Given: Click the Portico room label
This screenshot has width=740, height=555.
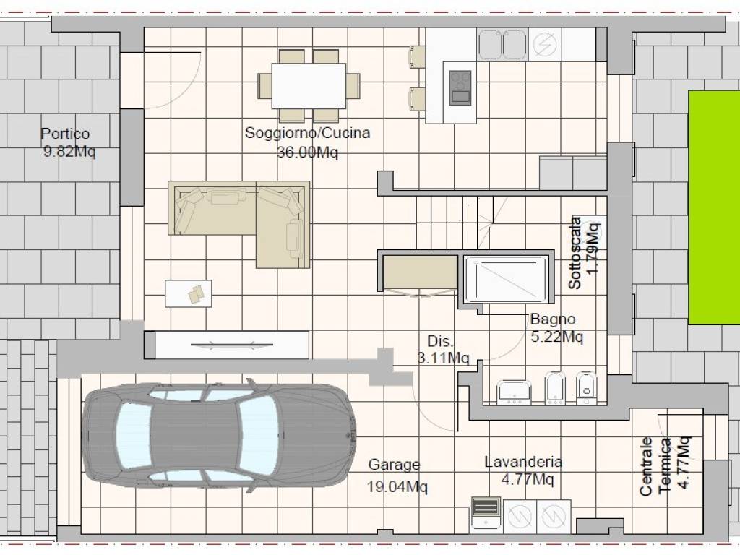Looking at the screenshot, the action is (x=65, y=134).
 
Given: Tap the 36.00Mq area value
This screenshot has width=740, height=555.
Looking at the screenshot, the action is (x=307, y=152).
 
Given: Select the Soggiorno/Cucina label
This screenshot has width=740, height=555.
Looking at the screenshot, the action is (x=307, y=133).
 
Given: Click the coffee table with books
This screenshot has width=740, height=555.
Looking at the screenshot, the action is (x=189, y=293).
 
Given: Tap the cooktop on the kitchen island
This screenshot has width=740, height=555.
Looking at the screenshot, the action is (x=460, y=87).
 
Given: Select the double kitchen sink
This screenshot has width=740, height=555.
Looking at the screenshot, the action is (x=502, y=45).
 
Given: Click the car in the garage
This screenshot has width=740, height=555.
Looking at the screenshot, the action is (x=219, y=435).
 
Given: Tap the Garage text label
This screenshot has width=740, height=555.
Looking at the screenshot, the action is (x=394, y=465).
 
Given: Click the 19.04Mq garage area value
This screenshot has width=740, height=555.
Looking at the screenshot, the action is (x=397, y=486).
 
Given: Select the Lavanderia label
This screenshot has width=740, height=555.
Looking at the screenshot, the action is (x=523, y=461).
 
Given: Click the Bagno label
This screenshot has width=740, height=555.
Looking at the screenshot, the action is (x=553, y=319).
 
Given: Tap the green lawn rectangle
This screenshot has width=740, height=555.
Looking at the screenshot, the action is (x=714, y=207).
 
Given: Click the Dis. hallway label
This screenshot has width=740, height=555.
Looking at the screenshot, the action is (x=440, y=341).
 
